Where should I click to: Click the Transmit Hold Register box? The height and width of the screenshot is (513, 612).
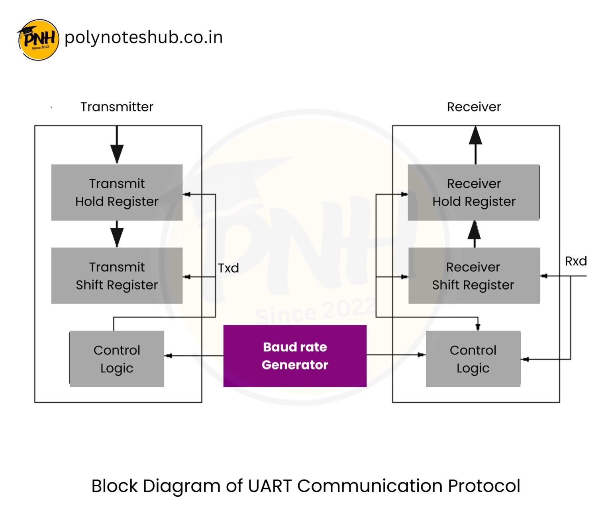117,192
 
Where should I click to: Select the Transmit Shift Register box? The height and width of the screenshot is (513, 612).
117,276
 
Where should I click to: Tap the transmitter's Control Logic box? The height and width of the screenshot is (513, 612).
117,359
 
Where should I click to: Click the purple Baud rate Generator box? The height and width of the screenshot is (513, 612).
295,356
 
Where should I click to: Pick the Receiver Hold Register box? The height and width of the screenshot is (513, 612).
474,192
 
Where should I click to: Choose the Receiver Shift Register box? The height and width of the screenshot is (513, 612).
474,276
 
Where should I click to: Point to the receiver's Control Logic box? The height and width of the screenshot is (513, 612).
473,359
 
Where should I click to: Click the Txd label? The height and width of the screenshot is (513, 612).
228,268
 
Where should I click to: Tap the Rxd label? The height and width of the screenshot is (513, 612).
576,261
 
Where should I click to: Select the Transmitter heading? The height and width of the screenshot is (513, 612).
117,107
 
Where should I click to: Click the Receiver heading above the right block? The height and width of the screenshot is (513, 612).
474,107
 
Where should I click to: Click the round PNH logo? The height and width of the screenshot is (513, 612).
38,40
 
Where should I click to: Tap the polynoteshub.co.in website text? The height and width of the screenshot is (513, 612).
143,37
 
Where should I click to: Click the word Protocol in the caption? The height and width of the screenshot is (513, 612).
484,486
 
